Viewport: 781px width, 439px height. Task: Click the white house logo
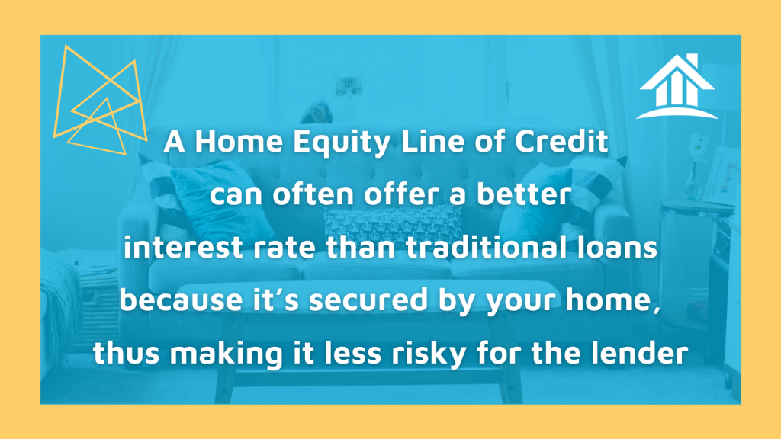[677, 87]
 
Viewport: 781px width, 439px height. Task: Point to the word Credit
[561, 141]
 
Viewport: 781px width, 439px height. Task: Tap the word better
[523, 194]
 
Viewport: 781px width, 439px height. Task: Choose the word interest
[183, 247]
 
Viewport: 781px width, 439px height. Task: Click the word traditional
[487, 247]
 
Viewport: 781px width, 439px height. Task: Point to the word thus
[127, 353]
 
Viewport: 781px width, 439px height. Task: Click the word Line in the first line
[434, 141]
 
